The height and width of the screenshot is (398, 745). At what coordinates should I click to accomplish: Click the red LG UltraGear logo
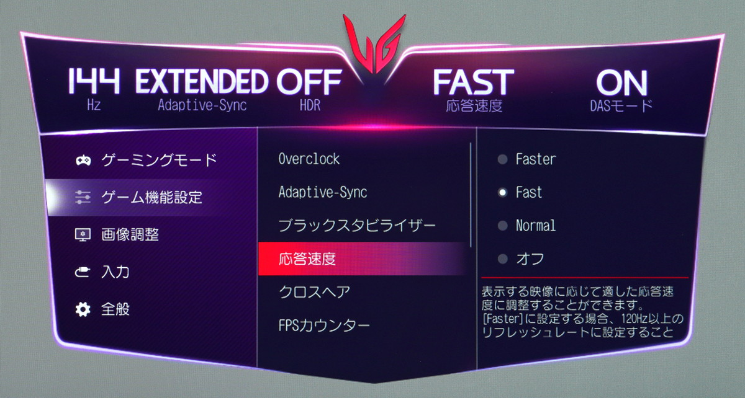(374, 43)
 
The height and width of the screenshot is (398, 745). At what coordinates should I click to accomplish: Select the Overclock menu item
(309, 159)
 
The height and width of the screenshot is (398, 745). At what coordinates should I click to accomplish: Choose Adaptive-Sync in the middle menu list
(323, 192)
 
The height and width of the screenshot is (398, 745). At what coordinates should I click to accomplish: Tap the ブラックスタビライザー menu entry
(357, 226)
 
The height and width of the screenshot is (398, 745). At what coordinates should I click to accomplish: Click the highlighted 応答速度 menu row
(363, 259)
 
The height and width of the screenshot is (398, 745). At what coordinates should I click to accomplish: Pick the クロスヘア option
(314, 292)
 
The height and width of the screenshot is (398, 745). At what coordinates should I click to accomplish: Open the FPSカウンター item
(324, 325)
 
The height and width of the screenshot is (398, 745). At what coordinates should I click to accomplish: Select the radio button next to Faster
(502, 159)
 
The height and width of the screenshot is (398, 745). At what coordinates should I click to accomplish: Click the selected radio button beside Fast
(502, 192)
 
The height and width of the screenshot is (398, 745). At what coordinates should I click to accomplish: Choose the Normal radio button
(502, 226)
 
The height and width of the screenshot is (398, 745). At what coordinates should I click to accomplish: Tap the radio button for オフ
(502, 259)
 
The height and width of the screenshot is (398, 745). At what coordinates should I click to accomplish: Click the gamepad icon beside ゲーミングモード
(83, 160)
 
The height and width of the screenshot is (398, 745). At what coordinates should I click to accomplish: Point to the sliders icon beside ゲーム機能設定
(83, 197)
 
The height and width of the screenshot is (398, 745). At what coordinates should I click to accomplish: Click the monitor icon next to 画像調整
(83, 234)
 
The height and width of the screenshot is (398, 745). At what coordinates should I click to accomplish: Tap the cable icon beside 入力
(82, 272)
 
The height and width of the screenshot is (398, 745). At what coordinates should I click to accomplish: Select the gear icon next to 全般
(83, 309)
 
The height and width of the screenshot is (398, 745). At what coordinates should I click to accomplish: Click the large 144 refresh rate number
(94, 81)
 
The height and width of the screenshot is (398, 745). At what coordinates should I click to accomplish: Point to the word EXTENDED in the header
(202, 81)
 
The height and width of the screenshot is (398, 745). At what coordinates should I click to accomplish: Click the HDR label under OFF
(310, 105)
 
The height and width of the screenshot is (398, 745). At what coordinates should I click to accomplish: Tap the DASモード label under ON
(621, 105)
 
